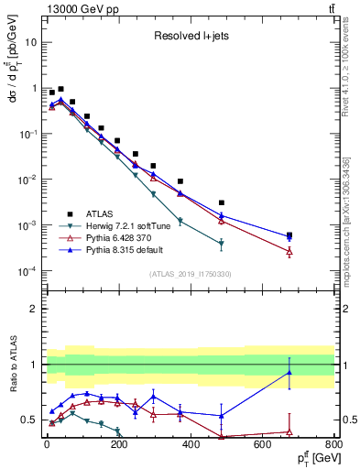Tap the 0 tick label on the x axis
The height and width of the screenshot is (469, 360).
point(46,443)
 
